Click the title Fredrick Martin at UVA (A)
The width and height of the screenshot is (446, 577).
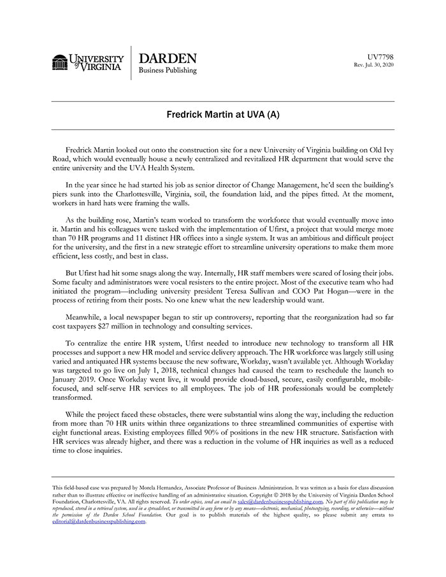(223, 116)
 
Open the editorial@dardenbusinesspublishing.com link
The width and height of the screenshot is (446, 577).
(99, 521)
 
